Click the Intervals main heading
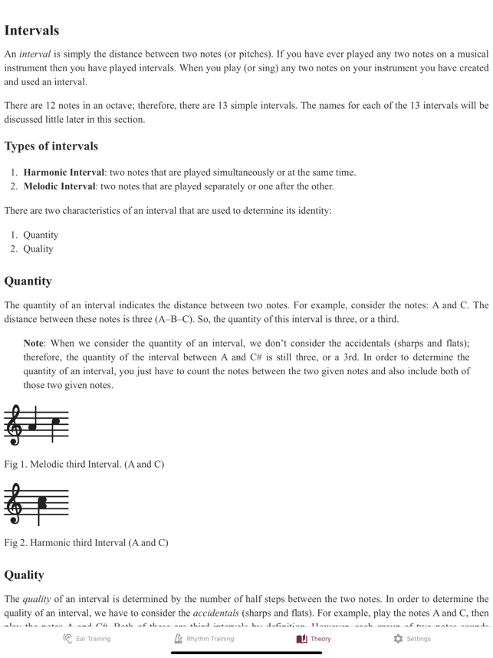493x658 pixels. point(31,31)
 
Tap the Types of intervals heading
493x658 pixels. point(51,146)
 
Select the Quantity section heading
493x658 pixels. point(28,281)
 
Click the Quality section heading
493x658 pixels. point(24,574)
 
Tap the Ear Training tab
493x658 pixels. point(87,638)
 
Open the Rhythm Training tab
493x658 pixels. point(203,638)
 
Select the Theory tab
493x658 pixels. point(314,638)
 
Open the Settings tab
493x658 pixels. point(412,638)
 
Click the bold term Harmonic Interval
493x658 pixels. point(64,173)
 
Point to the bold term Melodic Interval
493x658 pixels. point(59,186)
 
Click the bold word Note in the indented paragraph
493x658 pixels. point(33,344)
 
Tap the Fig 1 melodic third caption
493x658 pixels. point(84,464)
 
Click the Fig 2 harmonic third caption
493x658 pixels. point(86,542)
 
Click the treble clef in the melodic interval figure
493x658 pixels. point(14,424)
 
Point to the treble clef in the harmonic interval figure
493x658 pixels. point(14,503)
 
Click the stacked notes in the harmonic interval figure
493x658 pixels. point(42,503)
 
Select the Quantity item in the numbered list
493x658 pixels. point(41,235)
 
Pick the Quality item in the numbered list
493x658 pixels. point(38,249)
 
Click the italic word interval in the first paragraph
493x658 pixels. point(35,54)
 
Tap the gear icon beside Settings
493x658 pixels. point(398,638)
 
